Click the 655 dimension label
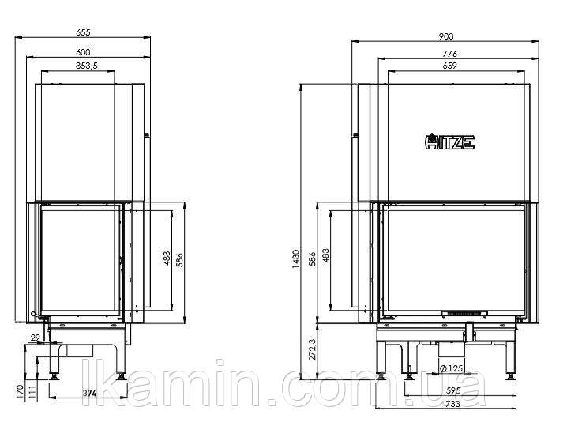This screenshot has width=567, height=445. pyautogui.click(x=83, y=32)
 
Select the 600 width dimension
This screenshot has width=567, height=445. pyautogui.click(x=83, y=52)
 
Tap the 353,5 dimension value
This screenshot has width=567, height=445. pyautogui.click(x=86, y=66)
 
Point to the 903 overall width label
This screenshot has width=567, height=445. pyautogui.click(x=446, y=36)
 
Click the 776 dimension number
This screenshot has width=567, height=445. pyautogui.click(x=450, y=54)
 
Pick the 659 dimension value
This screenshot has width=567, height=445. pyautogui.click(x=450, y=66)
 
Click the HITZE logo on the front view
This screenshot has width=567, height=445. pyautogui.click(x=449, y=141)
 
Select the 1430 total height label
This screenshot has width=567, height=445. pyautogui.click(x=296, y=258)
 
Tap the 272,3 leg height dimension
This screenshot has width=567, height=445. pyautogui.click(x=313, y=349)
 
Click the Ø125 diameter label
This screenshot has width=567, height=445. pyautogui.click(x=451, y=368)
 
